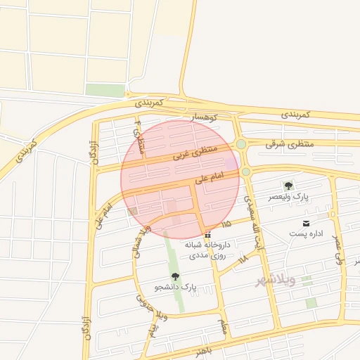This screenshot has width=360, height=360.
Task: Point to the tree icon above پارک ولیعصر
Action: click(x=288, y=186)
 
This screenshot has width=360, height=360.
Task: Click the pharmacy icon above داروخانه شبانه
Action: click(x=207, y=234)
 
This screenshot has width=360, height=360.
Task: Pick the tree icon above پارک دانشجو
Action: click(x=175, y=276)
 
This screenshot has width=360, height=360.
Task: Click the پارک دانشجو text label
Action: click(x=175, y=288)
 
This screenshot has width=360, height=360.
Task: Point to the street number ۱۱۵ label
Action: click(x=225, y=224)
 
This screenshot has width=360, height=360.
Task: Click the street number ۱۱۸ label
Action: click(x=243, y=259)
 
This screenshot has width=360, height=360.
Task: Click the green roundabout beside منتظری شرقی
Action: click(x=241, y=144)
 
